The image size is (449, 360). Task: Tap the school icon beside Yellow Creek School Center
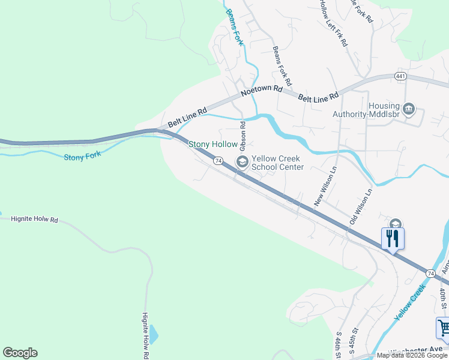(x=243, y=161)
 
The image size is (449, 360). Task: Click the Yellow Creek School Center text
(x=277, y=163)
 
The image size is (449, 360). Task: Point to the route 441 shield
(x=401, y=76)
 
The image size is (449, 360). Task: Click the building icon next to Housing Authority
(x=409, y=109)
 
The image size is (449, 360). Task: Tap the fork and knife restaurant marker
(x=393, y=238)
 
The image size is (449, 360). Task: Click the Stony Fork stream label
(x=83, y=155)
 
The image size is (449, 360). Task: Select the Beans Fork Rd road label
(x=282, y=66)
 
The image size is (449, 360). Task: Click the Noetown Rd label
(x=261, y=91)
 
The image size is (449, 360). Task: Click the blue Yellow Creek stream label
(x=409, y=309)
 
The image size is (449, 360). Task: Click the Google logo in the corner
(x=20, y=353)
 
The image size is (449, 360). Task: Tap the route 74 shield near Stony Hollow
(x=218, y=161)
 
